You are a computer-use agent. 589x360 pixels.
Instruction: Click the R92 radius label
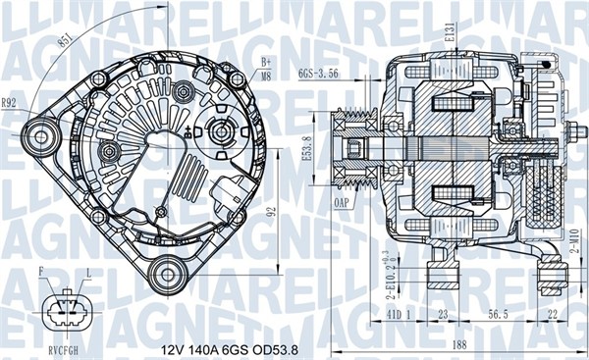coord(9,102)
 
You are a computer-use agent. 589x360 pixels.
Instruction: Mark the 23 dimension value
coord(444,316)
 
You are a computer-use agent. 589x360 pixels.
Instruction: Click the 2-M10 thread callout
coord(571,240)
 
